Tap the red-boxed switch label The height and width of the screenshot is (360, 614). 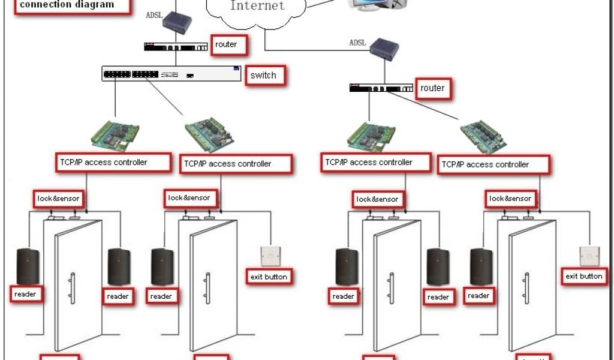tap(263, 76)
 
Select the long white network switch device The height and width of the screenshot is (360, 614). tap(171, 74)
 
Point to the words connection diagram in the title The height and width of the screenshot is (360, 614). tap(67, 5)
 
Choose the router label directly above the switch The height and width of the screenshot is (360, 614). tap(226, 44)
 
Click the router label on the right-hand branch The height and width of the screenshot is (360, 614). tap(432, 89)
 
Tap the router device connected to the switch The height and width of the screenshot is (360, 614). tap(174, 46)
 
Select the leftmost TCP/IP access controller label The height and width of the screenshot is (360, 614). tap(103, 162)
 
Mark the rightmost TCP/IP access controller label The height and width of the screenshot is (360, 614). tap(486, 164)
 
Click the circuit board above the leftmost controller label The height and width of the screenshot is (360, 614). tap(115, 136)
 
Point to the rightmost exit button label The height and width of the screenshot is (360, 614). tap(583, 277)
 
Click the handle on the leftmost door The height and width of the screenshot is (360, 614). tap(71, 288)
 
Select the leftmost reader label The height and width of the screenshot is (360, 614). tap(26, 294)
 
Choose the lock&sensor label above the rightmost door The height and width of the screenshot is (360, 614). tap(510, 199)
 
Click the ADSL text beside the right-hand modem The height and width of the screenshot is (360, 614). tap(358, 43)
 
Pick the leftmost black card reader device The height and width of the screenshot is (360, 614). tap(26, 265)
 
